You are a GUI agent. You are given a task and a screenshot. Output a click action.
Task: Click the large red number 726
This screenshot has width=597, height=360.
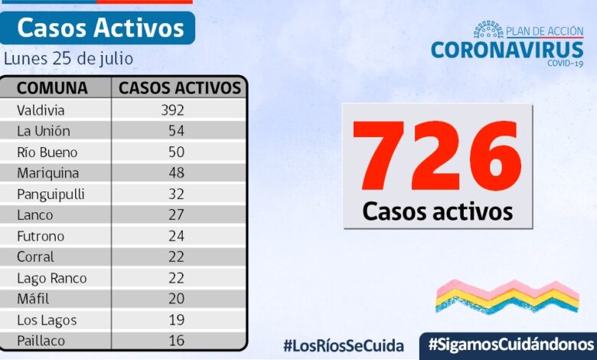[437, 155]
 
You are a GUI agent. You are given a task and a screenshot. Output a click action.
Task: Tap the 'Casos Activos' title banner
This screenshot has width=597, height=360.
[100, 28]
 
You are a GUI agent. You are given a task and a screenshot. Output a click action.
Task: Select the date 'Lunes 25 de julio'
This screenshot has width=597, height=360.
[68, 58]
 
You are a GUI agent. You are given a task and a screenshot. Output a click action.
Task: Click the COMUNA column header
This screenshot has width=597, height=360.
[52, 87]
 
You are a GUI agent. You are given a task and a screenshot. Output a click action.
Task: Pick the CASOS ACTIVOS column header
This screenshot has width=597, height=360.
[180, 87]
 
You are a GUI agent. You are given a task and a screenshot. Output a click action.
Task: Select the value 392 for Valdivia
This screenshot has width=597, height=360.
[172, 110]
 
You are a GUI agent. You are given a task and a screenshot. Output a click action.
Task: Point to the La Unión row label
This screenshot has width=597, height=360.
[44, 131]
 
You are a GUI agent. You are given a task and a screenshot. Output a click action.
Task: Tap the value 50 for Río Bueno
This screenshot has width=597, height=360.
[176, 152]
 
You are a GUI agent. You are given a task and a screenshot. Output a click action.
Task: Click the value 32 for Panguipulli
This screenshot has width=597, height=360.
[176, 194]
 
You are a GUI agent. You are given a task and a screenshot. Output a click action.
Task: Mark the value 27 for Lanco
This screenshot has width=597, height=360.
[176, 215]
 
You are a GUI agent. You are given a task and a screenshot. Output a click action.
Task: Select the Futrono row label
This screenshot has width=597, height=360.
[41, 236]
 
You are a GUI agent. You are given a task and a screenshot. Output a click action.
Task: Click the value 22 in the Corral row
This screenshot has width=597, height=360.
[176, 257]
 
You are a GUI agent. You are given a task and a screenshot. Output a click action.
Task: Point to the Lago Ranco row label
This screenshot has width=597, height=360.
[51, 278]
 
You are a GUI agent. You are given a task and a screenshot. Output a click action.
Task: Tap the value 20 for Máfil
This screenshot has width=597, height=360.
[176, 299]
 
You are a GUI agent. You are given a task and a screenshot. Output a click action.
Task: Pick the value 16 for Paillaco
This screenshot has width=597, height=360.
[176, 341]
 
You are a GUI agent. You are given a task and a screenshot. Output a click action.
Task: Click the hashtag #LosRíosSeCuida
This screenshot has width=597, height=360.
[343, 345]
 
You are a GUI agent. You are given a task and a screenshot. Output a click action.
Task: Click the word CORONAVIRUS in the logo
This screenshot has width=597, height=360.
[507, 50]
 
